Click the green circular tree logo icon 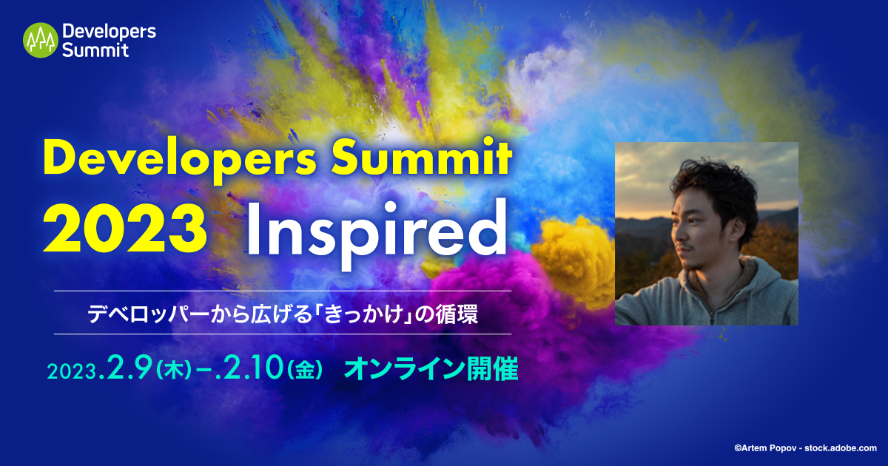point(41,40)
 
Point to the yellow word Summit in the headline point(422,159)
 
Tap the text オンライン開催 point(431,368)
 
